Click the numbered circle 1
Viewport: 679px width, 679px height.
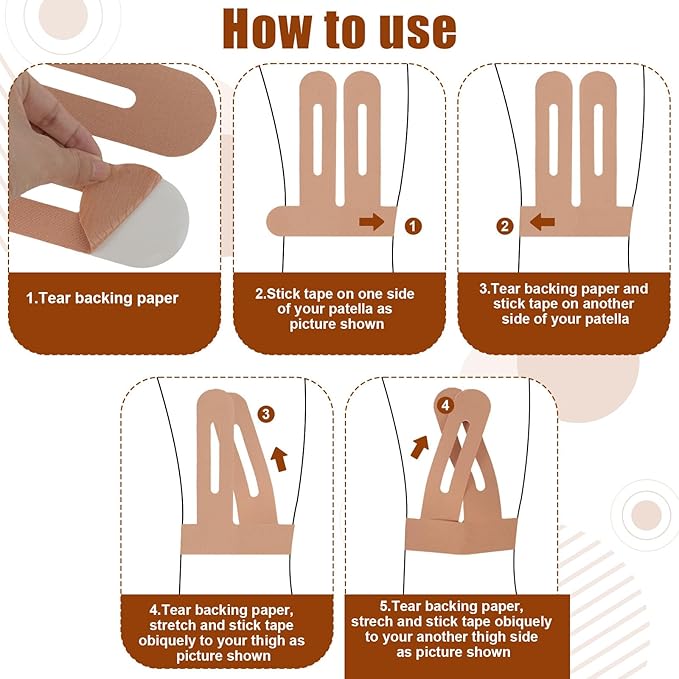413,226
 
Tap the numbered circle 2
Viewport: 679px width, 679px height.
504,226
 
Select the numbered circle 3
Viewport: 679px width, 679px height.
266,414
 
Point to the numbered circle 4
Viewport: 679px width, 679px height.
446,406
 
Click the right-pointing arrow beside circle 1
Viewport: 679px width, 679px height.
372,222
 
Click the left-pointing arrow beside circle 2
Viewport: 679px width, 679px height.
542,223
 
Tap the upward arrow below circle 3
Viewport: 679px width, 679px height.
279,460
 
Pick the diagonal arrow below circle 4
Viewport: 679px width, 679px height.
419,447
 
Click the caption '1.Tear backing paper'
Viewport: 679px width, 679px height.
102,298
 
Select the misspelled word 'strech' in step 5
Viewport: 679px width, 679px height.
371,621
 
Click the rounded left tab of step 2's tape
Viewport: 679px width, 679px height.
281,221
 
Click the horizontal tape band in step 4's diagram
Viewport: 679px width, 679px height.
237,539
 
